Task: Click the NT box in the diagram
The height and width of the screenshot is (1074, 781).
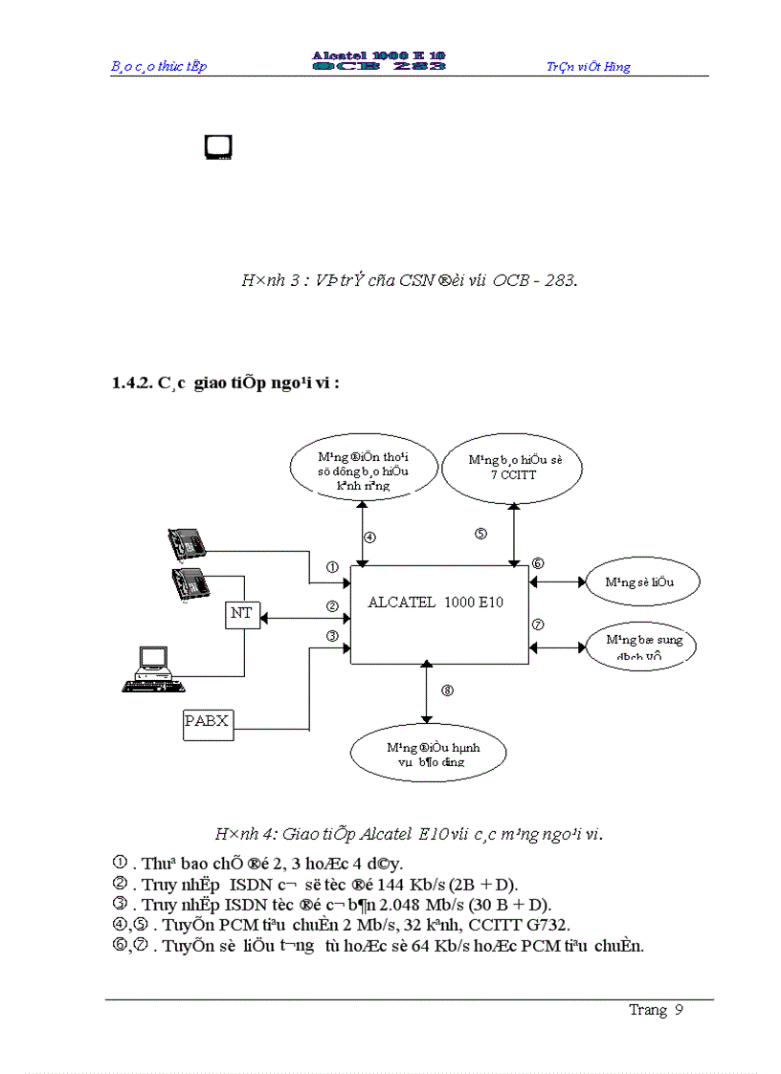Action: (241, 614)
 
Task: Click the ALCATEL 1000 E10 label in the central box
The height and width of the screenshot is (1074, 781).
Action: (435, 603)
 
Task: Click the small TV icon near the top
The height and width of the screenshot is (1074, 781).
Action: (218, 146)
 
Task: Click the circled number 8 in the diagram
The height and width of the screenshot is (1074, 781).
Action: (446, 690)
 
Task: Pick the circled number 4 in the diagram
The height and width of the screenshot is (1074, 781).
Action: (369, 537)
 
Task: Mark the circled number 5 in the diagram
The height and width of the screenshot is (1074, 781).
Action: (481, 534)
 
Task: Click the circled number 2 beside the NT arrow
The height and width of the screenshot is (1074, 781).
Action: (332, 605)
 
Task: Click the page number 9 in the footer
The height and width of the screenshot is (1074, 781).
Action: (679, 1011)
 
